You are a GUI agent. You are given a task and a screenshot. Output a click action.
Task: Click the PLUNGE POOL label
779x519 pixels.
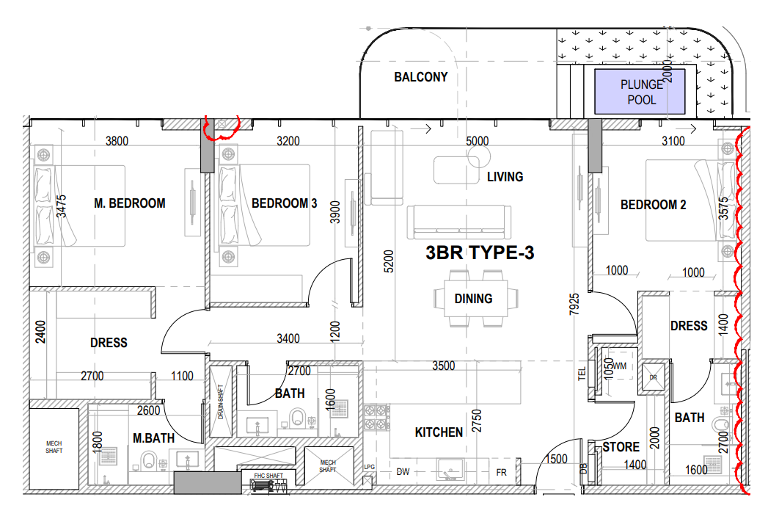tap(641, 92)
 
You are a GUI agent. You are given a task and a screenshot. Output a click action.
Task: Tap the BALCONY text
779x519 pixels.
tap(420, 77)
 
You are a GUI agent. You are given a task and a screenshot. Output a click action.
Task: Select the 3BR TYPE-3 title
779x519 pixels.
tap(480, 253)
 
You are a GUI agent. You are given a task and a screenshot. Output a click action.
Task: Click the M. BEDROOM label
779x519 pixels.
tap(130, 203)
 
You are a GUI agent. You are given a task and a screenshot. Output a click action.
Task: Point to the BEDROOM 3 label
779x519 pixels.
tap(284, 203)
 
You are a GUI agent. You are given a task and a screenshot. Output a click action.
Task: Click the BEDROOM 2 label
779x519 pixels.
tap(653, 205)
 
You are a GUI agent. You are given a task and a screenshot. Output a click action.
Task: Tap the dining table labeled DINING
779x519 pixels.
tap(472, 298)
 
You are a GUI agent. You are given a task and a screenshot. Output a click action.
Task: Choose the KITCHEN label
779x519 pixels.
tap(439, 432)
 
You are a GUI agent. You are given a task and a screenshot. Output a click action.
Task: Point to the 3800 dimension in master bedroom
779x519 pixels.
tap(117, 142)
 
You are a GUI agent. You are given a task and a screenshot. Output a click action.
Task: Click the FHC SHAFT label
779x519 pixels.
tap(268, 476)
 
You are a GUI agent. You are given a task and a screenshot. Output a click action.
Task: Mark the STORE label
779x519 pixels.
tap(621, 447)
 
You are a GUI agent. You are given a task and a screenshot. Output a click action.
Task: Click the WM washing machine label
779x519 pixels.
tap(620, 366)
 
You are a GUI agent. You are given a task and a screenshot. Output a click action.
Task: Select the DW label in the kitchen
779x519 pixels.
tap(403, 471)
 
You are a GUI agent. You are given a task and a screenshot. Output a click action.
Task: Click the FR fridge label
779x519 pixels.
tap(502, 472)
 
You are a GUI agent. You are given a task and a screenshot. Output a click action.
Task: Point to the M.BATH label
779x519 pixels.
tap(153, 438)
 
